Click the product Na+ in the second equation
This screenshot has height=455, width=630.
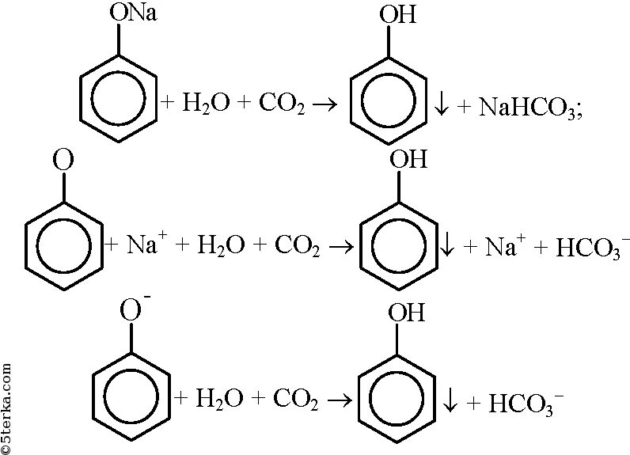502,245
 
